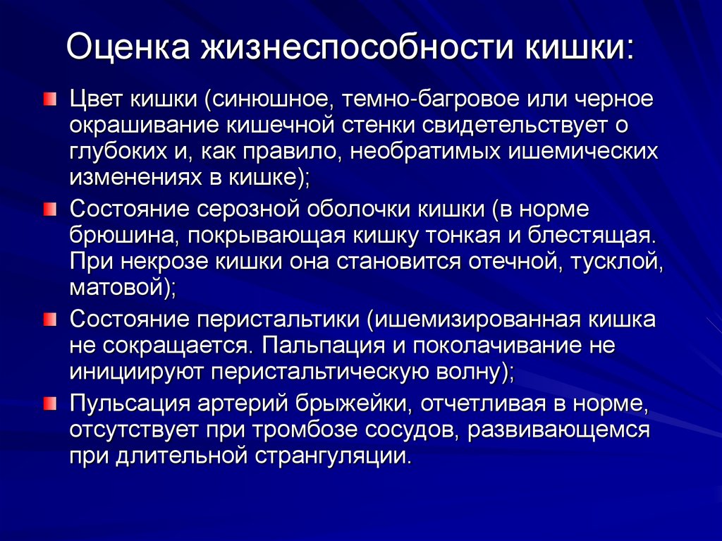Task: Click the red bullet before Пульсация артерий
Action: [49, 402]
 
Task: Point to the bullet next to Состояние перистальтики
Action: [49, 319]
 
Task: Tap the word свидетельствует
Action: [507, 125]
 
